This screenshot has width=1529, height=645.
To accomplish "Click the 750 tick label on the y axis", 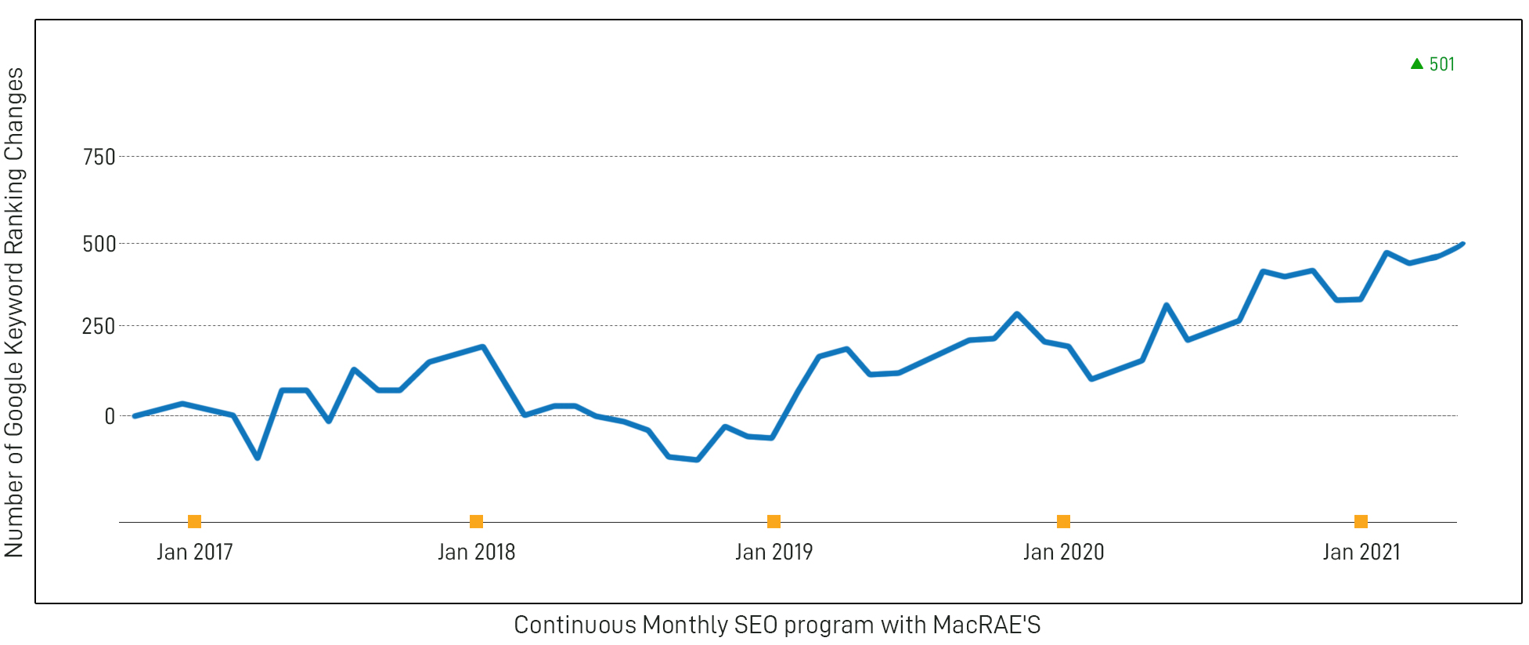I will [99, 157].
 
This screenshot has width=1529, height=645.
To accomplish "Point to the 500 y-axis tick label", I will [99, 244].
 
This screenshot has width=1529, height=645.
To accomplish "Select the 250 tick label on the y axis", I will [99, 326].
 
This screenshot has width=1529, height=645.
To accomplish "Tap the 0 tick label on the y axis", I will [110, 416].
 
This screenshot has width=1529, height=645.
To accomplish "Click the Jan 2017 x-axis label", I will [195, 552].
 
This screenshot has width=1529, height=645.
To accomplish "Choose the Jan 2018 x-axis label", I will [476, 552].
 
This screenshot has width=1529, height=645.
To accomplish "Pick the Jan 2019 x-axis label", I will [774, 552].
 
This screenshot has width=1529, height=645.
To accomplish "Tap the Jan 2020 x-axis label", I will [1063, 552].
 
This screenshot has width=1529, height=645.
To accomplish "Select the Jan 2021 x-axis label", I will [1361, 552].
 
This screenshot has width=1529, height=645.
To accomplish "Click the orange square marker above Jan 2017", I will [195, 521].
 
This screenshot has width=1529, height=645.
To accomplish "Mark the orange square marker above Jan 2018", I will [476, 521].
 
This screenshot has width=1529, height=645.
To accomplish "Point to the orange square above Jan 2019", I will [774, 521].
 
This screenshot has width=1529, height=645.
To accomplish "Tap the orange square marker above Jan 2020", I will [1063, 521].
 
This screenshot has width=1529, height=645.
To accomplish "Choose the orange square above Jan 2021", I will [1361, 521].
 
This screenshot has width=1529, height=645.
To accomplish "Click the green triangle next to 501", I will [1416, 63].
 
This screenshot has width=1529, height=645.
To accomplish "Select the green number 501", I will [1441, 64].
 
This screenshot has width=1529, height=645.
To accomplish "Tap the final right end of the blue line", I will [1462, 245].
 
